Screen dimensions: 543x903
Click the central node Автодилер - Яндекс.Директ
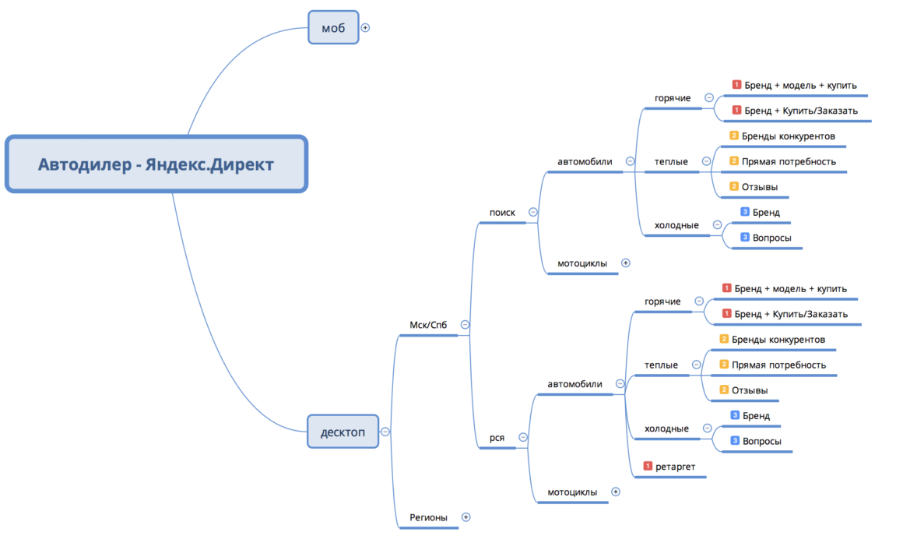tap(156, 164)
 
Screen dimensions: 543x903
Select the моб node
tap(333, 28)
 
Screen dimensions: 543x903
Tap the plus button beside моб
tap(365, 27)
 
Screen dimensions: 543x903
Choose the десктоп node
tap(343, 432)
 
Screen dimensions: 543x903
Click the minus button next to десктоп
tap(385, 432)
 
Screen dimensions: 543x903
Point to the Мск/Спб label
tap(428, 325)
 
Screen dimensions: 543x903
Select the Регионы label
tap(428, 517)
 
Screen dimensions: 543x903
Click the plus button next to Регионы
tap(466, 517)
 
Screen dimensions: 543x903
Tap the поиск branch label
tap(502, 212)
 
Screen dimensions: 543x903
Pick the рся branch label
tap(497, 438)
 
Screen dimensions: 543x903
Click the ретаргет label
tap(675, 466)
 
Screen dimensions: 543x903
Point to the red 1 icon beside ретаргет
tap(648, 466)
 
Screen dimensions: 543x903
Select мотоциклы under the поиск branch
tap(582, 263)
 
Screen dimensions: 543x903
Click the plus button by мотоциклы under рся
tap(615, 492)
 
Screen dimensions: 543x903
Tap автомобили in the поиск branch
tap(585, 162)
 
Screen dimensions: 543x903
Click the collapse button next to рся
tap(522, 438)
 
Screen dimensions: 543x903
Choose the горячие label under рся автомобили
tap(662, 301)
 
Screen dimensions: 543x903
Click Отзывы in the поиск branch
tap(760, 187)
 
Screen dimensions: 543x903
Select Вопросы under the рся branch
tap(762, 441)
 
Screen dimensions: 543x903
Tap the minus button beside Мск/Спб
tap(465, 325)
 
